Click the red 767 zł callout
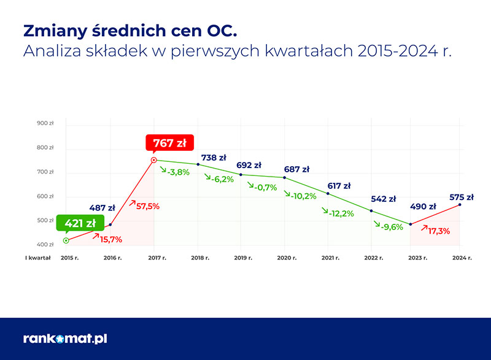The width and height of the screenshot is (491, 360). pyautogui.click(x=169, y=144)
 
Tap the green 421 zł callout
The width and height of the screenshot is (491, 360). pyautogui.click(x=79, y=223)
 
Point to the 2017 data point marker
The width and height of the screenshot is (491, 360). pyautogui.click(x=154, y=161)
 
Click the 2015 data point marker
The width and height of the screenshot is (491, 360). pyautogui.click(x=66, y=240)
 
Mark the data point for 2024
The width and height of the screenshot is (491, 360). pyautogui.click(x=460, y=205)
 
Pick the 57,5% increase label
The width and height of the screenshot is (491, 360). pyautogui.click(x=145, y=207)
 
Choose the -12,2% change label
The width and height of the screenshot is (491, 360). pyautogui.click(x=338, y=213)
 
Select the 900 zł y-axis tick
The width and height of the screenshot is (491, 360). pyautogui.click(x=45, y=123)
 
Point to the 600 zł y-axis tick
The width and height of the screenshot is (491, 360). pyautogui.click(x=45, y=196)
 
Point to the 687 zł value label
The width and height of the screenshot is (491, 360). pyautogui.click(x=296, y=170)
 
